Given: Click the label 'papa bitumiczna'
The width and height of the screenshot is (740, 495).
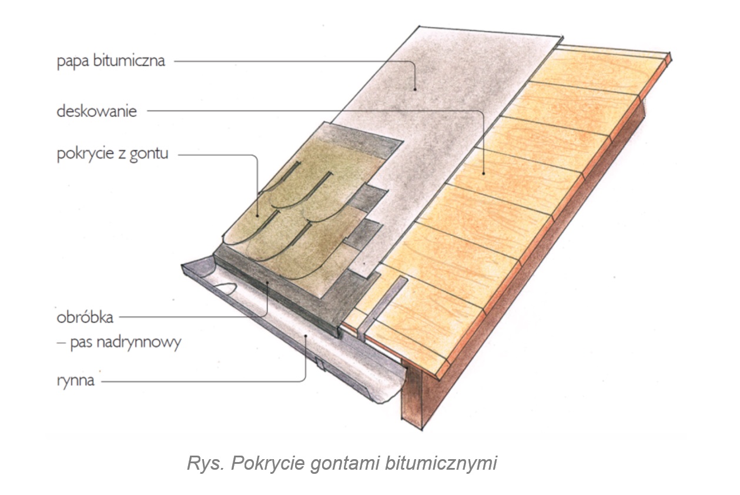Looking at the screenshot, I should pyautogui.click(x=111, y=61).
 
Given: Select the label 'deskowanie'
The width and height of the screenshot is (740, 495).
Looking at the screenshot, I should pyautogui.click(x=96, y=111).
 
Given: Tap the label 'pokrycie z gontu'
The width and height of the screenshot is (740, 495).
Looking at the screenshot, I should pyautogui.click(x=112, y=155).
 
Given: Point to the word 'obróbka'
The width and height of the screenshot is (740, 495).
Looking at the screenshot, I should pyautogui.click(x=85, y=317).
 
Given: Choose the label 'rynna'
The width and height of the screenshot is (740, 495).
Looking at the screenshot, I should pyautogui.click(x=76, y=380).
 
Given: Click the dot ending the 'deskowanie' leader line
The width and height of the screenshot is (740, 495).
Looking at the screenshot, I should pyautogui.click(x=483, y=173).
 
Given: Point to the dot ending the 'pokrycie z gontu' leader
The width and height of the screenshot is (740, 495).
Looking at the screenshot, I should pyautogui.click(x=257, y=215).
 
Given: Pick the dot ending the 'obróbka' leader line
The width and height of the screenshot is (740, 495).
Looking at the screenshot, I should pyautogui.click(x=267, y=283).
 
